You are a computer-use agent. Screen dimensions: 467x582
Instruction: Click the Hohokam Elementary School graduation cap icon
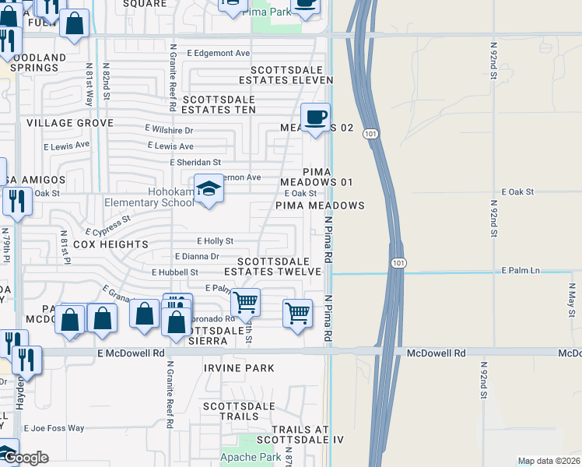[x=209, y=189]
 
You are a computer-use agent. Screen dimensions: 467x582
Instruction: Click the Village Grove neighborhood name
[x=70, y=123]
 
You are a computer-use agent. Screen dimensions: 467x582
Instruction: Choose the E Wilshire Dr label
[x=169, y=130]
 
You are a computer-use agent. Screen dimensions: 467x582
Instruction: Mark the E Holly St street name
[x=215, y=241]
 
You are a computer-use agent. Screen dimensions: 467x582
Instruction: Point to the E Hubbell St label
[x=175, y=272]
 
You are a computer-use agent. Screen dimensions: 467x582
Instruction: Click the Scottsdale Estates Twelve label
[x=272, y=267]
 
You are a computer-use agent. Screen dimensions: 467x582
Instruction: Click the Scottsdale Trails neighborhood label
[x=240, y=411]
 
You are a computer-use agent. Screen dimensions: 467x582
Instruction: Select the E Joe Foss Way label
[x=54, y=428]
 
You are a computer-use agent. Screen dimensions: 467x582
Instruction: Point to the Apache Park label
[x=250, y=458]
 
